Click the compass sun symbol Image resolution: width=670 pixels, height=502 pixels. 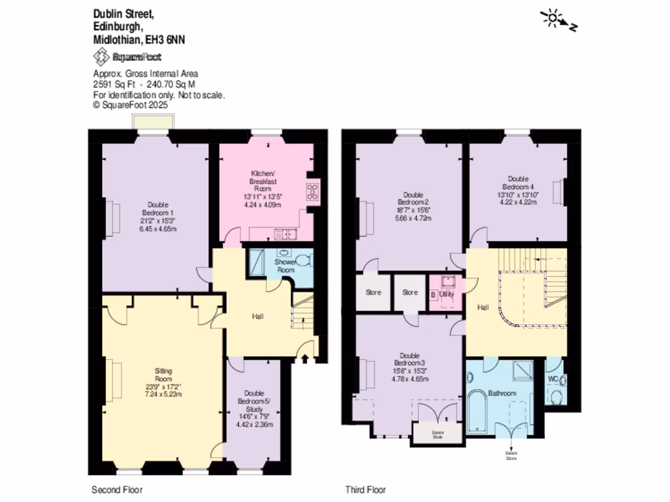pyautogui.click(x=552, y=19)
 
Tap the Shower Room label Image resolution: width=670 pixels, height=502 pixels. pyautogui.click(x=285, y=265)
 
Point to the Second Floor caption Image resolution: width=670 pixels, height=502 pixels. pyautogui.click(x=116, y=490)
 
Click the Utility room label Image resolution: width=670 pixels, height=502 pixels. pyautogui.click(x=446, y=295)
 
